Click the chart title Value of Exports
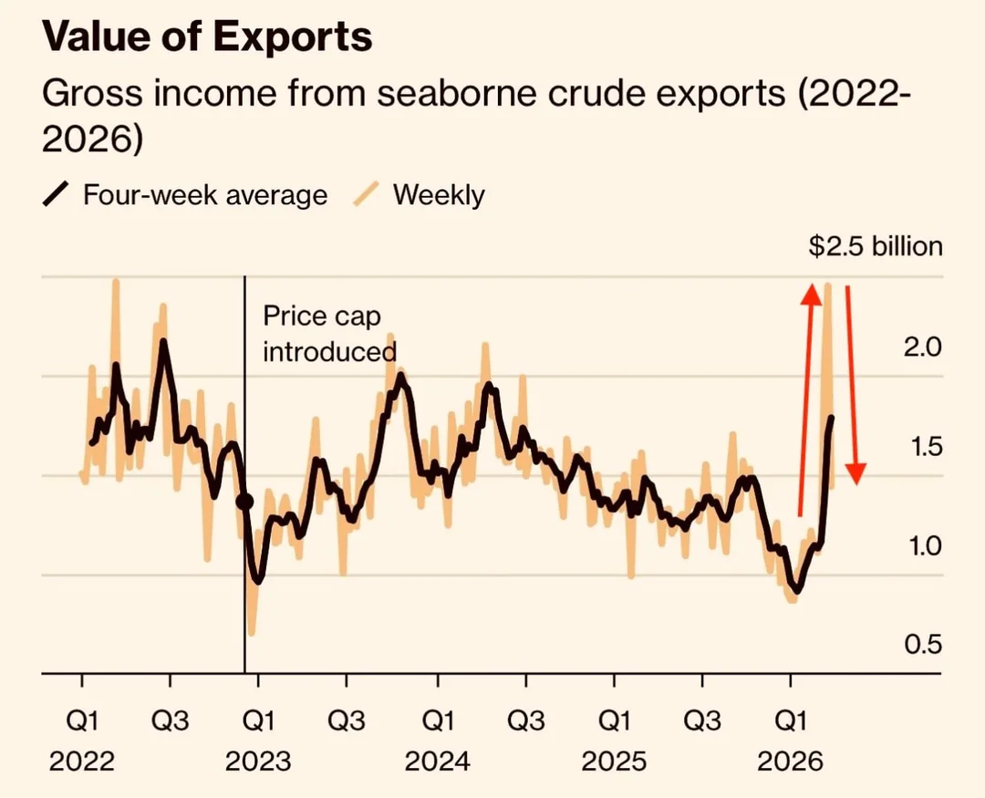point(208,36)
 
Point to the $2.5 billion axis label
point(875,246)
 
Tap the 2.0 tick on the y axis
point(921,347)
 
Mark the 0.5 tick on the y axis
point(921,645)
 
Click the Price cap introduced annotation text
point(328,334)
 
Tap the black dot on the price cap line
point(245,501)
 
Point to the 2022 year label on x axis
point(82,761)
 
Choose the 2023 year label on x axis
point(259,761)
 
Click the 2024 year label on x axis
point(437,761)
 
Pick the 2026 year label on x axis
point(791,761)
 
